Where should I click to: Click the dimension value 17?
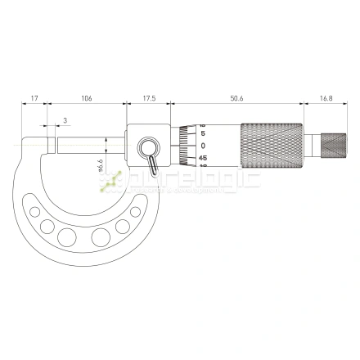coord(33,98)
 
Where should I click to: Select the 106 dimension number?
coord(87,98)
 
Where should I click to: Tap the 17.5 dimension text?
coord(149,98)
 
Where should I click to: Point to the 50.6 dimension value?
coord(236,98)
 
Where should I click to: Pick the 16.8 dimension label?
coord(326,98)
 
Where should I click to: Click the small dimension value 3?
coord(65,122)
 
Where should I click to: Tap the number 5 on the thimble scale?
coord(202,133)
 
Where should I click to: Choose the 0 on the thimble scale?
coord(202,145)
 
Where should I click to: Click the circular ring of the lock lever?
coord(148,149)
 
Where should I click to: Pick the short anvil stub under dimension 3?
coord(51,143)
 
